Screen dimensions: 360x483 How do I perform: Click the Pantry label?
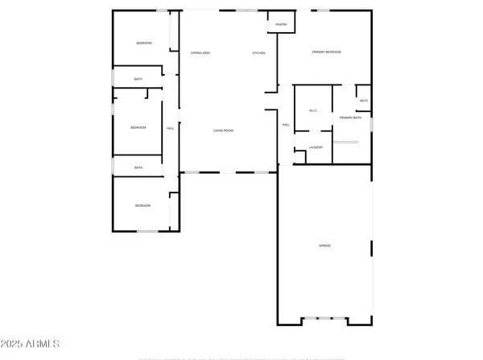[x=280, y=25]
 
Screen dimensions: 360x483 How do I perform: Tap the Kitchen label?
[x=258, y=53]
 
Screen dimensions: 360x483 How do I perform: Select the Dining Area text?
[x=200, y=53]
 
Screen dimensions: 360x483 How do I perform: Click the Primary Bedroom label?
[x=327, y=52]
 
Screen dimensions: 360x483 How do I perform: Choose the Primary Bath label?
[x=350, y=118]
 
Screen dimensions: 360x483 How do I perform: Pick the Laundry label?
[x=316, y=147]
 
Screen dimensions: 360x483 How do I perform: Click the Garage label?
[x=324, y=245]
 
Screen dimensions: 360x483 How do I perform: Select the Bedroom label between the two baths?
[x=138, y=128]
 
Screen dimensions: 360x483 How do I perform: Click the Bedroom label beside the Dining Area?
[x=144, y=43]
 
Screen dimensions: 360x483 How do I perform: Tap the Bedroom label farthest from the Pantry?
[x=142, y=206]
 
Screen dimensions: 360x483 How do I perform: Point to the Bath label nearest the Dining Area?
[x=138, y=79]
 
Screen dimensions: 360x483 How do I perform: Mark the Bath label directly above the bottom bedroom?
[x=138, y=168]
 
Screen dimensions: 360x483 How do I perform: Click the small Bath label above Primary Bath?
[x=364, y=101]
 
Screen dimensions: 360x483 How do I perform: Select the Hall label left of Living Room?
[x=170, y=129]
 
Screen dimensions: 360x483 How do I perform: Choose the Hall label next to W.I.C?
[x=286, y=125]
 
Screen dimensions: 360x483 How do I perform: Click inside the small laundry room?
[x=316, y=154]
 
